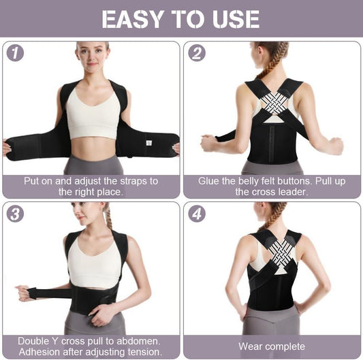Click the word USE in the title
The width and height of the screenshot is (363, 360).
(x=235, y=18)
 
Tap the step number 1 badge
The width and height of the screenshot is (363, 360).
(x=15, y=53)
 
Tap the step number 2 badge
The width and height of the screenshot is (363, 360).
(x=197, y=53)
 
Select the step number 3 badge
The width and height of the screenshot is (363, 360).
(x=15, y=213)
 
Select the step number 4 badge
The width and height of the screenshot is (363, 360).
(x=197, y=213)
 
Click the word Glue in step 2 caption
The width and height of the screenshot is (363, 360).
(x=209, y=181)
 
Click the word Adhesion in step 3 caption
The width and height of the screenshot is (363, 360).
(x=40, y=352)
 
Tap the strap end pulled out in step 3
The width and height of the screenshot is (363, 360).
(x=26, y=294)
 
